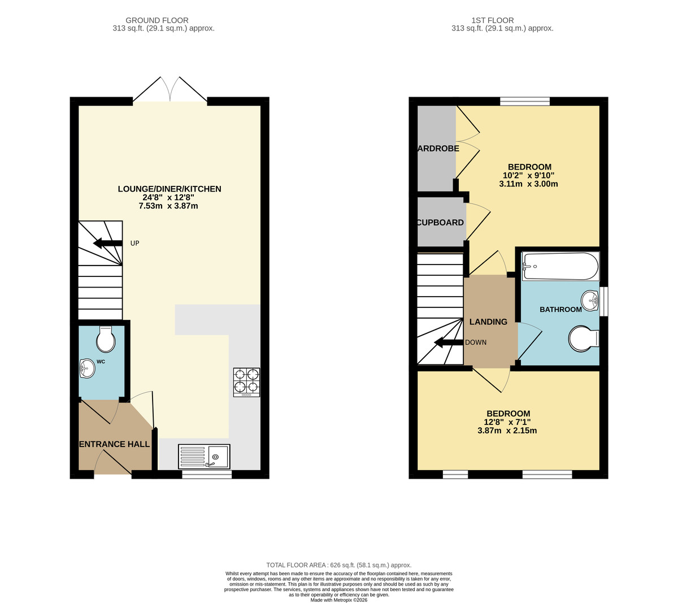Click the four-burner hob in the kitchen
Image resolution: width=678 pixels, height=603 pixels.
[x=246, y=381]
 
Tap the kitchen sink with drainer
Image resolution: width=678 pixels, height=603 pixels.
[x=204, y=456]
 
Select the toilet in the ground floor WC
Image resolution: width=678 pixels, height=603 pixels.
[x=106, y=339]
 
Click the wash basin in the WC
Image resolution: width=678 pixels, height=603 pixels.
[x=87, y=368]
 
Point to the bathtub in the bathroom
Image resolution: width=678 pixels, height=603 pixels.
[x=559, y=266]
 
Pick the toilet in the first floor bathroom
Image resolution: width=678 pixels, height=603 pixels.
[x=583, y=339]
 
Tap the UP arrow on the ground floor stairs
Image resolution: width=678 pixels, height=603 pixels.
[x=107, y=244]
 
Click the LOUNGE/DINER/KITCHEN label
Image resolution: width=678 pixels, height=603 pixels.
[x=169, y=189]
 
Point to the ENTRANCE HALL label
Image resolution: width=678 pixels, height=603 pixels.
[x=115, y=444]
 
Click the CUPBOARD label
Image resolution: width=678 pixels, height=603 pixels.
[x=441, y=223]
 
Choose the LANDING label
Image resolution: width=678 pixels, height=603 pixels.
[x=488, y=322]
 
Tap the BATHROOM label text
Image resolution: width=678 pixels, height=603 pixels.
[x=560, y=309]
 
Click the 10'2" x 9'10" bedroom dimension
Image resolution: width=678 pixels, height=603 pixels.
[x=529, y=175]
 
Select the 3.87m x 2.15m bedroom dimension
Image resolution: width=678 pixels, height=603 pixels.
[x=507, y=430]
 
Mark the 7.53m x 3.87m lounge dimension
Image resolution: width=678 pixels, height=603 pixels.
[x=168, y=206]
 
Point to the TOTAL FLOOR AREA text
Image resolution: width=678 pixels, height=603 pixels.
[x=338, y=565]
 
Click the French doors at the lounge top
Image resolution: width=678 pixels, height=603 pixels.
[x=170, y=90]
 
